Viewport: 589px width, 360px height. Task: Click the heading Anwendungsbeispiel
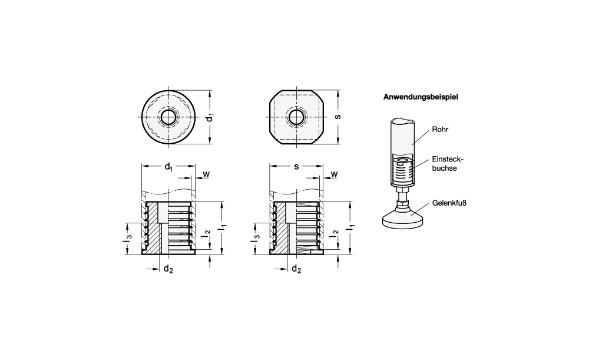coord(421,97)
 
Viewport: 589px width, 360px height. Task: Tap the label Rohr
coord(440,129)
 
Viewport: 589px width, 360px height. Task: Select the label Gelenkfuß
coord(449,203)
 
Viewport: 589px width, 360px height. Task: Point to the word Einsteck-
coord(448,159)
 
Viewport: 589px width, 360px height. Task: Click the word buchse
coord(444,169)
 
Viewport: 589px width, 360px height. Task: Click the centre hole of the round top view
coord(168,117)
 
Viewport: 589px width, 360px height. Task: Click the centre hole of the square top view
coord(296,117)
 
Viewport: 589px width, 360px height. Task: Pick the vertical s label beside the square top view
coord(337,117)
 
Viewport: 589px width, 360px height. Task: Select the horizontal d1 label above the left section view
coord(168,167)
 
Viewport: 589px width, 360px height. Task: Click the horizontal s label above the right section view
coord(296,166)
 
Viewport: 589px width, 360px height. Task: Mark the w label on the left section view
coord(206,174)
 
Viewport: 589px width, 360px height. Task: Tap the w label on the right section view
coord(334,174)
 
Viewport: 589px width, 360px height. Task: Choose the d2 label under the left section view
coord(168,269)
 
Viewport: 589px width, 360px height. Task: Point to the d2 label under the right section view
coord(296,269)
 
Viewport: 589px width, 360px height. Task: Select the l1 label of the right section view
coord(351,227)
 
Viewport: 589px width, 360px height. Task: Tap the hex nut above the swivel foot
coord(402,203)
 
